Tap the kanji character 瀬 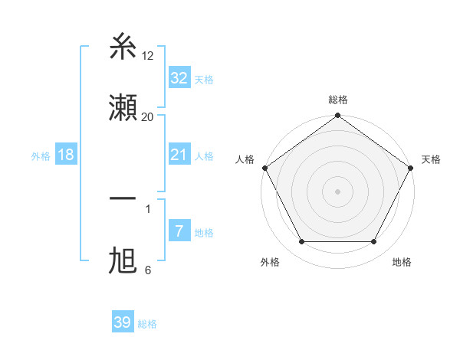[123, 108]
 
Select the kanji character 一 [123, 199]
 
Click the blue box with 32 [179, 78]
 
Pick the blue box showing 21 [179, 155]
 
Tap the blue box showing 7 [179, 231]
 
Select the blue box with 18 [66, 155]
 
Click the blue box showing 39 [123, 322]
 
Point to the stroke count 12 [148, 56]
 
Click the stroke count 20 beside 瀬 [148, 117]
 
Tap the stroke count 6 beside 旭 [148, 270]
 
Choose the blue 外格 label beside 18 [40, 156]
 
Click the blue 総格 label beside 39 [147, 324]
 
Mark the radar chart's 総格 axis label [338, 100]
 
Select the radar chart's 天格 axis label [431, 159]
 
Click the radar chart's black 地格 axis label [402, 262]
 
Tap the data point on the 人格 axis [265, 168]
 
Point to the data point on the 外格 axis [301, 242]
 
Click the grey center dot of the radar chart [338, 191]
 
